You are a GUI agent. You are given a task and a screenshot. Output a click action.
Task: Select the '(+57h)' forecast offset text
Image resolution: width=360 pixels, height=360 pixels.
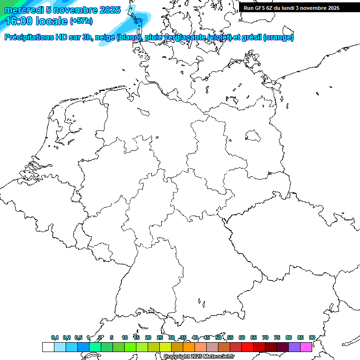click(81, 21)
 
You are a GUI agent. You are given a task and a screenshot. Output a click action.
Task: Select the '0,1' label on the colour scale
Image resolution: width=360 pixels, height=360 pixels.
click(55, 337)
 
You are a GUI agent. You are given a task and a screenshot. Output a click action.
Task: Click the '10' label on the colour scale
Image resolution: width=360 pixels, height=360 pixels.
click(124, 337)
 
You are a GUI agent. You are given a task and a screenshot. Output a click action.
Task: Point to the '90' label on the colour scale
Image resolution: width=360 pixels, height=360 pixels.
click(312, 337)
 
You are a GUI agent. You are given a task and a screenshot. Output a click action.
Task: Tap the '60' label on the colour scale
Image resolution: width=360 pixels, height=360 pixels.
click(242, 337)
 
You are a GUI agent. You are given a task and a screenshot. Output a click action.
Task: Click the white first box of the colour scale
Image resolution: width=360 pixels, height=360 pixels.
click(48, 347)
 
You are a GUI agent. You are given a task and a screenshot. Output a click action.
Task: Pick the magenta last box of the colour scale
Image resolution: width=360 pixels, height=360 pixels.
click(306, 347)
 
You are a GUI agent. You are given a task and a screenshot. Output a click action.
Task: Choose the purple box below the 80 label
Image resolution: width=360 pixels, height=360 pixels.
click(294, 347)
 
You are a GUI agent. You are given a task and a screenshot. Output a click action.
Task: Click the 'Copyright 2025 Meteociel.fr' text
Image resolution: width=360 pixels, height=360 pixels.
click(199, 357)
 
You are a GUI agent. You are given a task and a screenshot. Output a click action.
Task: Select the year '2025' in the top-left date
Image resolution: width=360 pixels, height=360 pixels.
click(110, 10)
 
